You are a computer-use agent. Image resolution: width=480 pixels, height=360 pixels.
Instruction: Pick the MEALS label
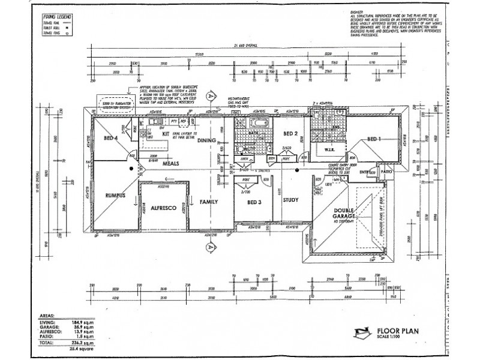(172, 162)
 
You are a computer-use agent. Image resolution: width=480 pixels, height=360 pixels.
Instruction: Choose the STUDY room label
(290, 200)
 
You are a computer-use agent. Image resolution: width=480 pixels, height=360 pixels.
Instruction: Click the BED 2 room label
(291, 133)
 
